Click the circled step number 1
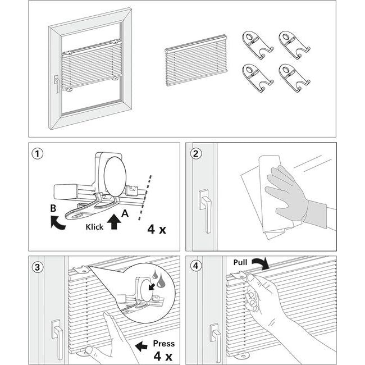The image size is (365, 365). [37, 154]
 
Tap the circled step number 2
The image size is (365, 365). [196, 154]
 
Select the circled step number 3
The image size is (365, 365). [37, 267]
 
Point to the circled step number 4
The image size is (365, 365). [196, 266]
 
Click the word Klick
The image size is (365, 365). [94, 227]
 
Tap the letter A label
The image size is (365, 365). [125, 213]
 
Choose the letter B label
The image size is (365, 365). [53, 208]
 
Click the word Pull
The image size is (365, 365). [240, 262]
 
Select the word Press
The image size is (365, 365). [163, 343]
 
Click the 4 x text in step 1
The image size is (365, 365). [157, 229]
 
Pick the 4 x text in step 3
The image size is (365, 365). [163, 356]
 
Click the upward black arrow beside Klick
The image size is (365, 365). [114, 222]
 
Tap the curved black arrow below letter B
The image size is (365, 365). [57, 222]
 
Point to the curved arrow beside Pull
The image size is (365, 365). [261, 263]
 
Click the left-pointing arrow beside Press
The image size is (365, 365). [141, 346]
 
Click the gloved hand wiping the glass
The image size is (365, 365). [294, 195]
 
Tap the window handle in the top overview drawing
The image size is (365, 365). [56, 83]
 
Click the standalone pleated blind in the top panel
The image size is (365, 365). [196, 60]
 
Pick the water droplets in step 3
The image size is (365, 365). [158, 279]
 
